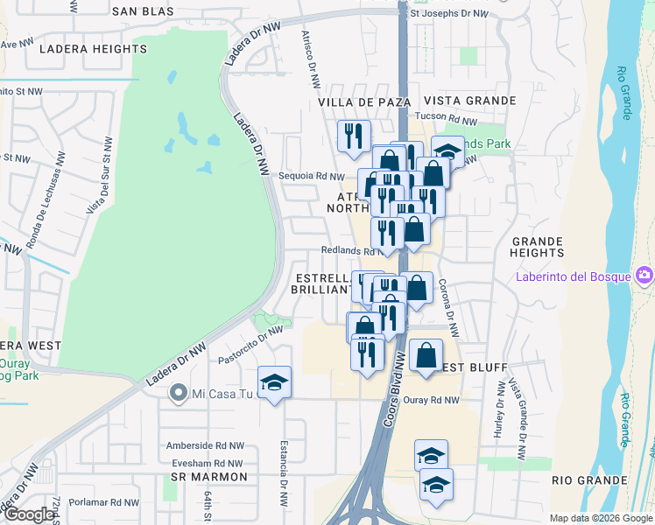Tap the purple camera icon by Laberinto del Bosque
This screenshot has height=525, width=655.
tap(644, 276)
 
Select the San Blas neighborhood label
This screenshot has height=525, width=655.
tap(144, 11)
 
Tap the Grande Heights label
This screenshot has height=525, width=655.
tap(537, 247)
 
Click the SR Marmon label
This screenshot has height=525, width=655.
tap(209, 477)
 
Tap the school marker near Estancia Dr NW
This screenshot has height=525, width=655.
tap(274, 383)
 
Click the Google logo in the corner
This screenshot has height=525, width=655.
tap(29, 514)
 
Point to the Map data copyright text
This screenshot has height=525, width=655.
tap(602, 518)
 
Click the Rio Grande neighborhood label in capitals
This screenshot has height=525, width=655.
tap(589, 480)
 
